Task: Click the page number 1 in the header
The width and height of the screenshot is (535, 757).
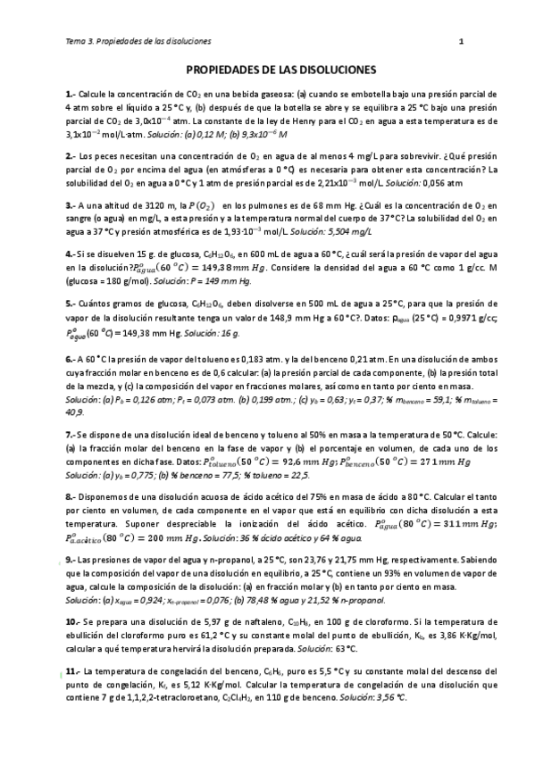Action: pyautogui.click(x=462, y=41)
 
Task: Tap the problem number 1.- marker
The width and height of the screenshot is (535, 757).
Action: pyautogui.click(x=71, y=94)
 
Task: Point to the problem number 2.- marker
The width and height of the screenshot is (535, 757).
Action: pyautogui.click(x=71, y=155)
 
